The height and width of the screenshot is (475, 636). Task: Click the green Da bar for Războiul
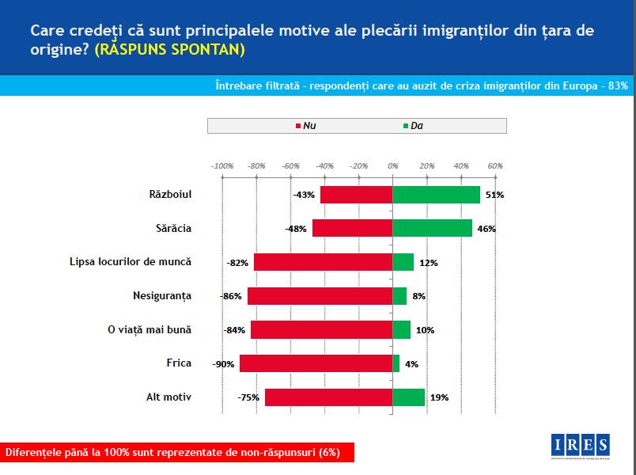pos(436,195)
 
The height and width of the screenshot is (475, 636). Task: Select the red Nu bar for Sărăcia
pos(353,228)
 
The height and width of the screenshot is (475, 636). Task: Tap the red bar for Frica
pos(316,363)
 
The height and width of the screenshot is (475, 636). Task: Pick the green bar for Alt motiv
pos(408,397)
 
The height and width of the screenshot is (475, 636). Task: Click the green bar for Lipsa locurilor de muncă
pos(403,262)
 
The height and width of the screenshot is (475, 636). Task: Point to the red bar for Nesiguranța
pos(320,296)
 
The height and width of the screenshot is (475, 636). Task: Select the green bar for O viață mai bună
pos(402,329)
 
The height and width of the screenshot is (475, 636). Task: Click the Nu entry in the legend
pos(306,126)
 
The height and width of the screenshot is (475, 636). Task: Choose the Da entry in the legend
pos(413,126)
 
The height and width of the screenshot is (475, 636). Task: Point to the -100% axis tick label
pos(222,166)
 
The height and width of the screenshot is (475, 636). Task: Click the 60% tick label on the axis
pos(495,166)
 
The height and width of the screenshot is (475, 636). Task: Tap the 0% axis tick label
pos(392,166)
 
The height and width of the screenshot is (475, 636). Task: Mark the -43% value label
pos(304,195)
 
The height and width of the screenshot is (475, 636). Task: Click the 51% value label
pos(495,195)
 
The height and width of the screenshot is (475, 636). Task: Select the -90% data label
pos(223,364)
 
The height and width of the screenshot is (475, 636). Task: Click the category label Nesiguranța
pos(162,296)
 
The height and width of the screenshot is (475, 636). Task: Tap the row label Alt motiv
pos(168,397)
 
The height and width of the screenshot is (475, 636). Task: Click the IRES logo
pos(581,446)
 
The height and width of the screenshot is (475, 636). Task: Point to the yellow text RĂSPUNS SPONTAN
pos(169,50)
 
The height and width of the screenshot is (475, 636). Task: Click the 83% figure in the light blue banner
pos(618,86)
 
